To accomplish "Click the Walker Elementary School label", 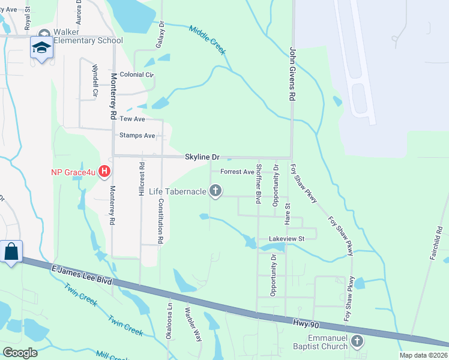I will pyautogui.click(x=87, y=36).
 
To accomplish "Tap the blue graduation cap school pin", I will pyautogui.click(x=41, y=49).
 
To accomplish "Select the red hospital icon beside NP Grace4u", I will pyautogui.click(x=104, y=172).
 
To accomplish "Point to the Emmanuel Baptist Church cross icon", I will pyautogui.click(x=357, y=342).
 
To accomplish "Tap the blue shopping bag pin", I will pyautogui.click(x=11, y=251).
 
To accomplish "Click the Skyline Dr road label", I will pyautogui.click(x=202, y=157).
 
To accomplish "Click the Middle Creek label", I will pyautogui.click(x=207, y=40).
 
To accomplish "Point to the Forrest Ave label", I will pyautogui.click(x=238, y=172).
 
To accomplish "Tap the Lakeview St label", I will pyautogui.click(x=288, y=238).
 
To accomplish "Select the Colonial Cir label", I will pyautogui.click(x=137, y=75).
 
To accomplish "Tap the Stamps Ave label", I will pyautogui.click(x=137, y=136).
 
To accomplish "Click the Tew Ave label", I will pyautogui.click(x=133, y=119).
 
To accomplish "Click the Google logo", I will pyautogui.click(x=20, y=353).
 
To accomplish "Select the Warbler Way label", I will pyautogui.click(x=193, y=325).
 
